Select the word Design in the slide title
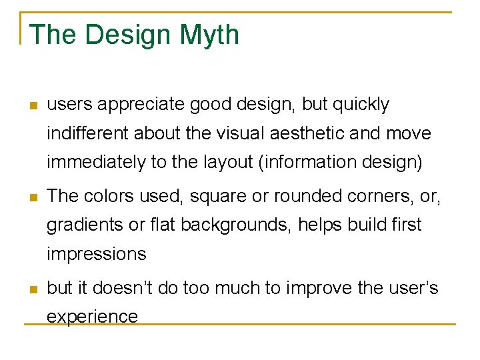point(123,35)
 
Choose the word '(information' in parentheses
point(309,163)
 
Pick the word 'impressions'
point(96,255)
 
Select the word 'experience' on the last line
point(92,317)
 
